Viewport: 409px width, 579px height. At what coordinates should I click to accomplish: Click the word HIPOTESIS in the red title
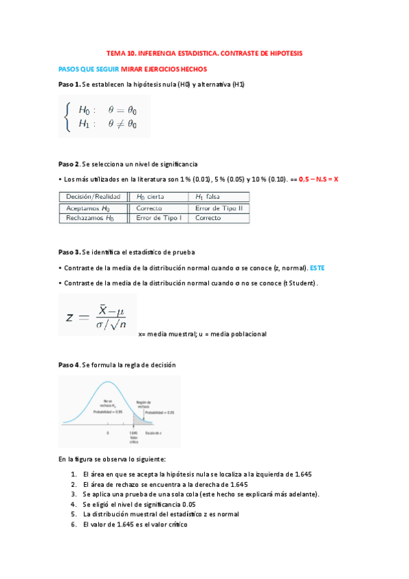(x=281, y=53)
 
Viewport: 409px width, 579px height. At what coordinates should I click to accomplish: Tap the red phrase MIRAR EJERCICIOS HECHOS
(x=164, y=69)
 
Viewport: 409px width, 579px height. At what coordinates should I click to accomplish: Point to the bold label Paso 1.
(x=69, y=84)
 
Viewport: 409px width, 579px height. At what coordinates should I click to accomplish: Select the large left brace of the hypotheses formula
(x=66, y=116)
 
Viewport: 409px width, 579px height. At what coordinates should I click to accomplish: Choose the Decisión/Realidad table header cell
(x=94, y=197)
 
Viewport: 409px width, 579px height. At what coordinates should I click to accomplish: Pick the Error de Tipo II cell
(x=218, y=208)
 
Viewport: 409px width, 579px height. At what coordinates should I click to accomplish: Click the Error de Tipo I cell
(x=158, y=218)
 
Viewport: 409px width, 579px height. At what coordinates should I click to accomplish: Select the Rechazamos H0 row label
(x=90, y=218)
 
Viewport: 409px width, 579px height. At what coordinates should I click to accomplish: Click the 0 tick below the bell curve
(x=108, y=434)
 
